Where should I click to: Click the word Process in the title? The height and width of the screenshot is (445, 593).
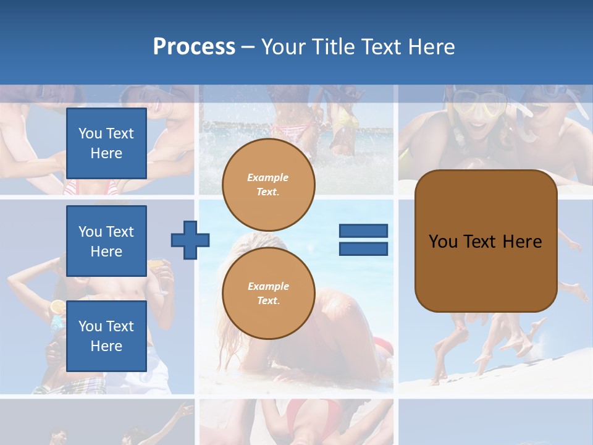(x=194, y=47)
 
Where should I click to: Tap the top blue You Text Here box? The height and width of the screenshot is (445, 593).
(x=106, y=143)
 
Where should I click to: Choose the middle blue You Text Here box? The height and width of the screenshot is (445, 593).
(x=106, y=241)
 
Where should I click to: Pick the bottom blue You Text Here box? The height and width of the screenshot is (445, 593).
(x=106, y=336)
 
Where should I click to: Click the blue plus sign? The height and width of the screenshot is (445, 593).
(x=190, y=240)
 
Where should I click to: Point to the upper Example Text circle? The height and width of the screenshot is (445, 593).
(x=269, y=185)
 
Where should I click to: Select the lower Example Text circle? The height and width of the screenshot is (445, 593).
(x=269, y=294)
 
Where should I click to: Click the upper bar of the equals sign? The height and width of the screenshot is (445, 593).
(x=363, y=231)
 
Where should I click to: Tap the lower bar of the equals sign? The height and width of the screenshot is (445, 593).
(x=363, y=248)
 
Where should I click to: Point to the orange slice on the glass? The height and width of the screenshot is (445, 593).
(x=57, y=307)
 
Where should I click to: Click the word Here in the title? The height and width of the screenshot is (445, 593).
(x=429, y=47)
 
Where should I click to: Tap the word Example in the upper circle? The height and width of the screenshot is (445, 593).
(x=267, y=178)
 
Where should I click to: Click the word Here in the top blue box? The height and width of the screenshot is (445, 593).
(x=106, y=153)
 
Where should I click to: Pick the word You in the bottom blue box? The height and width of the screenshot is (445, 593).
(x=90, y=326)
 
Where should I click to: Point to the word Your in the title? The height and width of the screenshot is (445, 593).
(x=281, y=47)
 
